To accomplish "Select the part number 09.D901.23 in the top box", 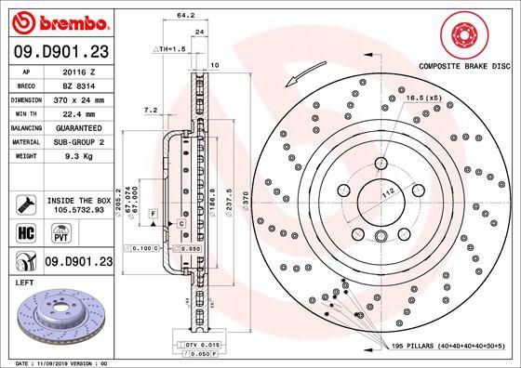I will click(58, 51).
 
